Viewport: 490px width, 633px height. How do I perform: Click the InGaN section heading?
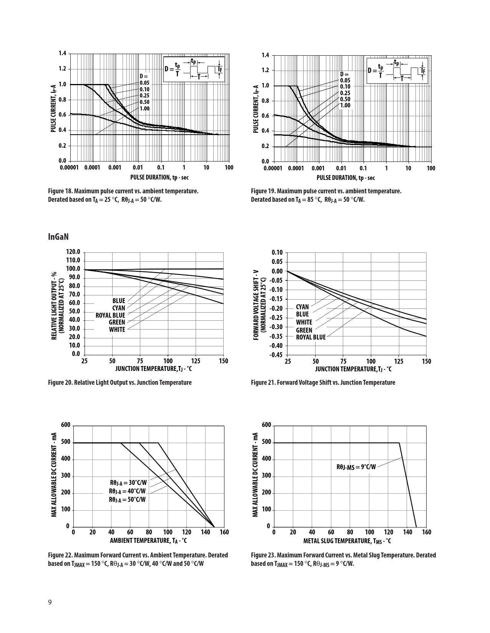click(x=58, y=237)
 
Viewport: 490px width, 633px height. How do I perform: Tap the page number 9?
click(x=50, y=602)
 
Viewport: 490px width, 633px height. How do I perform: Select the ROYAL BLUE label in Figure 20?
click(x=110, y=315)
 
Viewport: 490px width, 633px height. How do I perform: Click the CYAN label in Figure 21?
click(x=302, y=307)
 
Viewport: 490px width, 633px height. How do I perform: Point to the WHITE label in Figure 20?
click(x=117, y=330)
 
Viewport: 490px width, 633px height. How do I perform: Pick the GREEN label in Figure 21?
click(x=304, y=330)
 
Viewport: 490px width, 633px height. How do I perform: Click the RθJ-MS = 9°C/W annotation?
click(x=356, y=467)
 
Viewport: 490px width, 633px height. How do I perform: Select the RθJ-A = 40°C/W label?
click(x=127, y=491)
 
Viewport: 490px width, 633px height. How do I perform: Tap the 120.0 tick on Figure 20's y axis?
click(x=73, y=252)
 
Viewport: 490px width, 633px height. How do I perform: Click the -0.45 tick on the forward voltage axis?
click(x=277, y=355)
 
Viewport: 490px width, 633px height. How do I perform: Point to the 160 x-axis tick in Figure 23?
click(x=426, y=532)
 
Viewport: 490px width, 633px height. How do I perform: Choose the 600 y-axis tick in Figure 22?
click(x=65, y=425)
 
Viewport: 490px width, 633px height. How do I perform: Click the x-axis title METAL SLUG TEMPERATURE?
click(x=347, y=541)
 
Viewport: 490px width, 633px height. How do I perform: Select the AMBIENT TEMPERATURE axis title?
click(x=148, y=541)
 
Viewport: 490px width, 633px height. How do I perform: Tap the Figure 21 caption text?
click(x=323, y=382)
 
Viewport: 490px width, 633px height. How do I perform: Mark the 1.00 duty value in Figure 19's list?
click(x=345, y=105)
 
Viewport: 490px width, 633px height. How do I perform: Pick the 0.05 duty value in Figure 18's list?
click(x=145, y=83)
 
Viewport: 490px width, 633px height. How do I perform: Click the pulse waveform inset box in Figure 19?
click(x=397, y=71)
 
